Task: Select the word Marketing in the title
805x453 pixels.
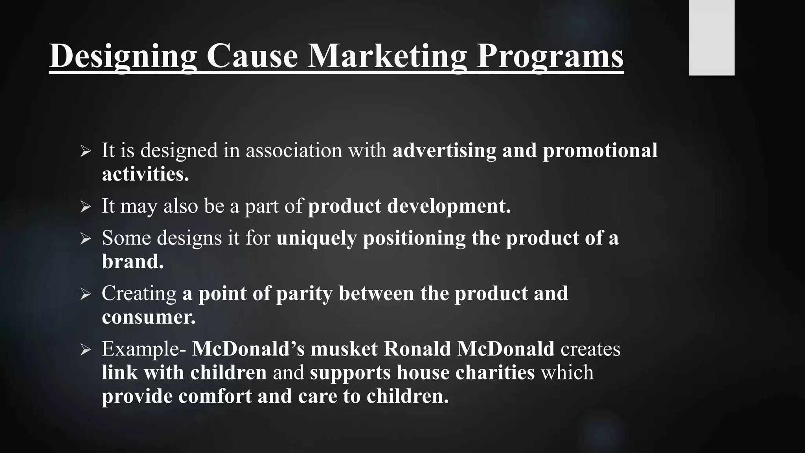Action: (387, 56)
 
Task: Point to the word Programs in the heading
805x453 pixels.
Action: (550, 56)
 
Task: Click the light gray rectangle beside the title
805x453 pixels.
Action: (711, 37)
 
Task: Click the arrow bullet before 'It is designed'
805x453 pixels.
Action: (85, 151)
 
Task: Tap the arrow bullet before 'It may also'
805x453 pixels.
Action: (85, 206)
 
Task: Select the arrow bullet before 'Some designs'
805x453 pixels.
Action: (85, 238)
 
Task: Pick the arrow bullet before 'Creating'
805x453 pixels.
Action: (85, 294)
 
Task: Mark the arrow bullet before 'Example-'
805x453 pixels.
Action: (85, 349)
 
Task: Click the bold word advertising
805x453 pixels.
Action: (445, 151)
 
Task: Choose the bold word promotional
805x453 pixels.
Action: (600, 151)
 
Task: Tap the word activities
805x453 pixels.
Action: (145, 174)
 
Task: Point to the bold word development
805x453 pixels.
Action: (449, 206)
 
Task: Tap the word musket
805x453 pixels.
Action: (344, 349)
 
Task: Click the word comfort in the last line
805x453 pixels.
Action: (215, 396)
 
